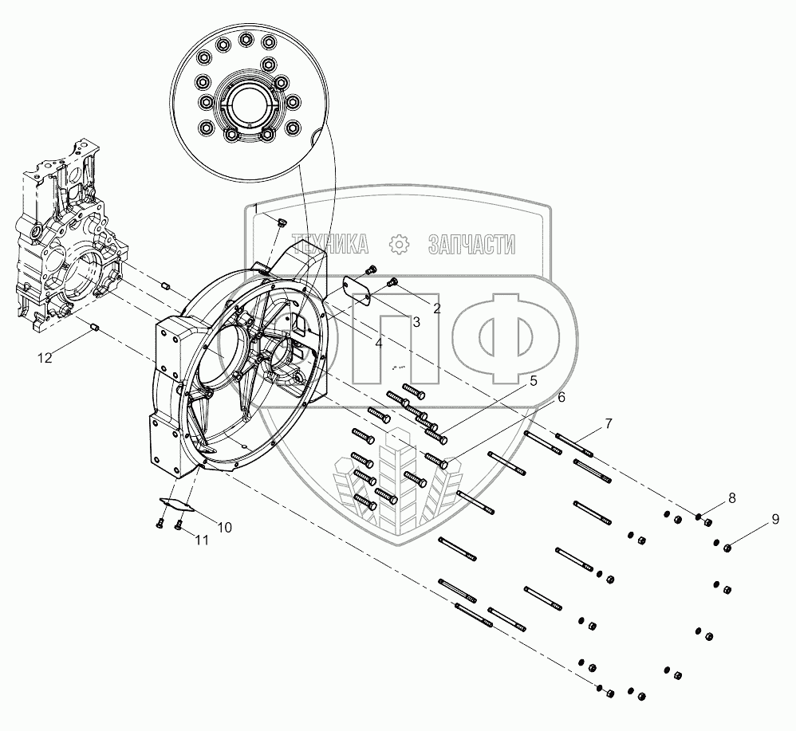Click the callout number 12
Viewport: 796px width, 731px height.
[45, 358]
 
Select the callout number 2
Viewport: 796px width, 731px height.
[436, 308]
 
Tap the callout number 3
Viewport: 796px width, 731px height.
[416, 321]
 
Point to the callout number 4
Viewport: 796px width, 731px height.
[379, 344]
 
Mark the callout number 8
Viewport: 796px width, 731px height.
[731, 498]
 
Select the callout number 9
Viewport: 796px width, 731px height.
[774, 521]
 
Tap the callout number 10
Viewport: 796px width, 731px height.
[224, 527]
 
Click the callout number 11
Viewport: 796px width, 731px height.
[202, 540]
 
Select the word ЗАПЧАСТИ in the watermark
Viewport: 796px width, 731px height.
[471, 243]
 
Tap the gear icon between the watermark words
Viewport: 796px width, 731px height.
[397, 243]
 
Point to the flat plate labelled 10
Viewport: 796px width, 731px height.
[176, 503]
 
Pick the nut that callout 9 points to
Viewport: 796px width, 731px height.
[727, 547]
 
